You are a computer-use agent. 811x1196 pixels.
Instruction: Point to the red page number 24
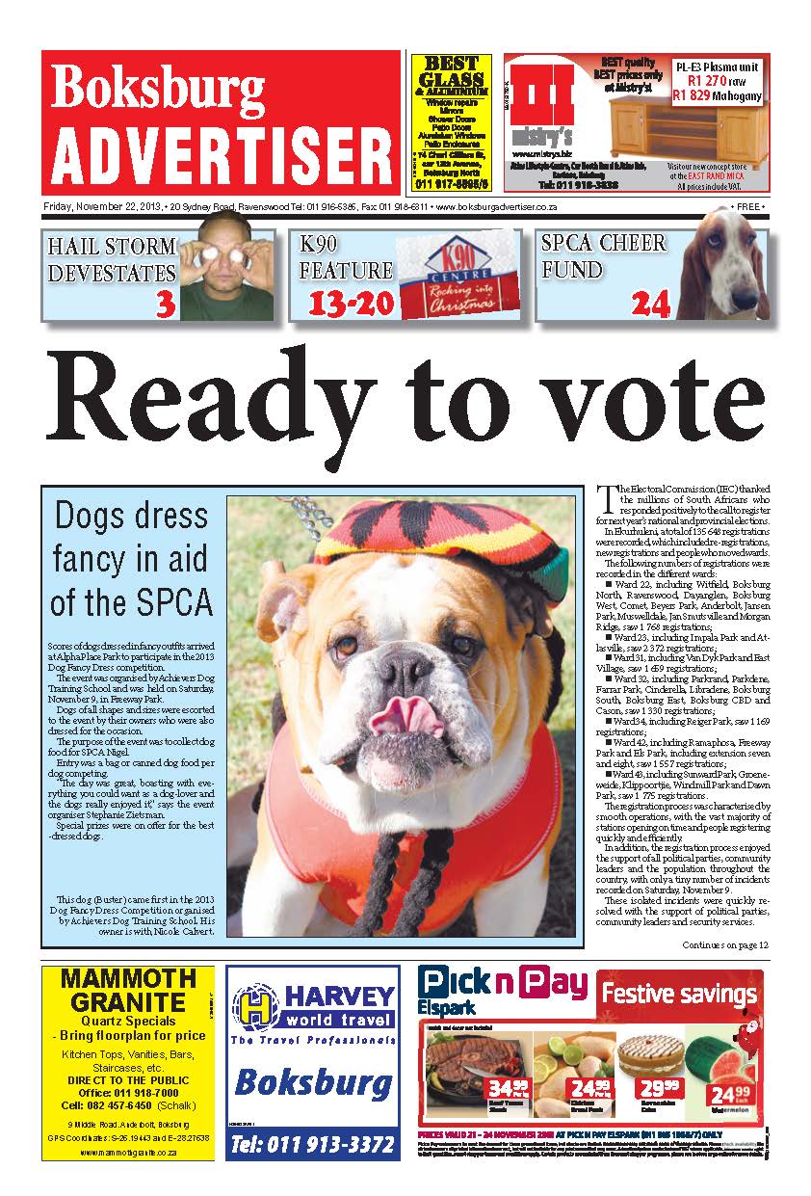650,305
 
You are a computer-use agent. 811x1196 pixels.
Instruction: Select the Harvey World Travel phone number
313,1145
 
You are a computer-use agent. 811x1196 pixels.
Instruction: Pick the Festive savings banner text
679,994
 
